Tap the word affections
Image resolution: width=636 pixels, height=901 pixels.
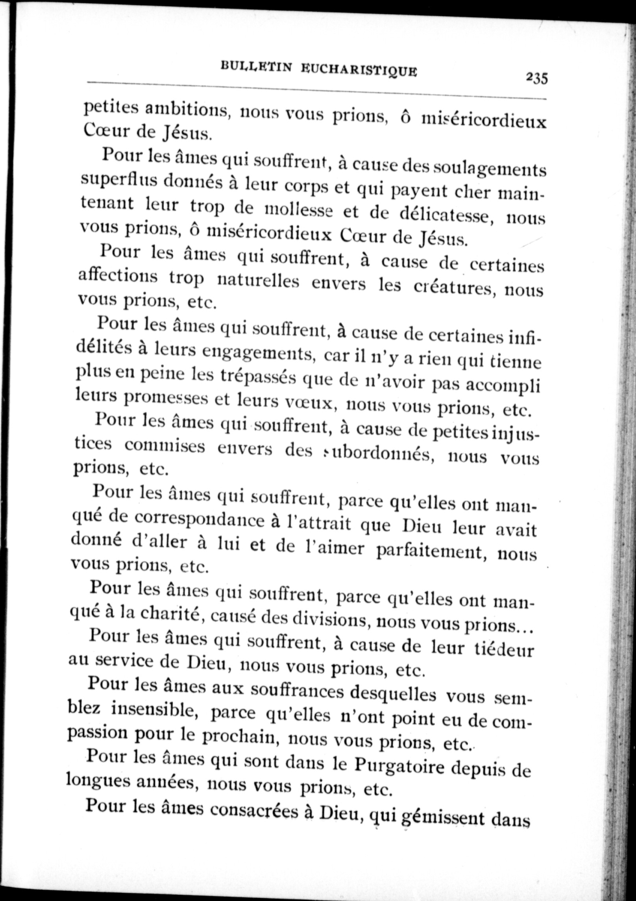118,276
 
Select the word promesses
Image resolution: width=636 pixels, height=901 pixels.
166,399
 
